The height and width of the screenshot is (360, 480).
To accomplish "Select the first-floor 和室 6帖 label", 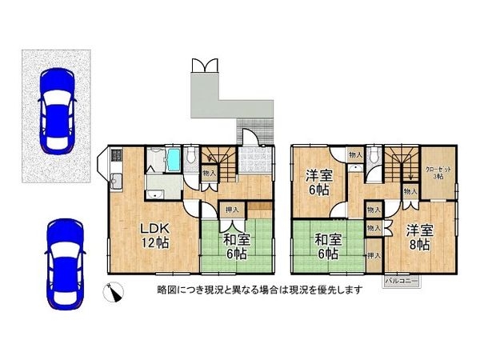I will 234,246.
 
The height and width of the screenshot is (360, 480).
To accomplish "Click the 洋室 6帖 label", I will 318,183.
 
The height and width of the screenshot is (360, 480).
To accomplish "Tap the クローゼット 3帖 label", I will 436,171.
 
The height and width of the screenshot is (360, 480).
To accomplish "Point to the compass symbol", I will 115,293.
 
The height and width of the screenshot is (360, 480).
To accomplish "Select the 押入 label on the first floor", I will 230,210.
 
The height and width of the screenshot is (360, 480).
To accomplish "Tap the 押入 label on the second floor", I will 374,255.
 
